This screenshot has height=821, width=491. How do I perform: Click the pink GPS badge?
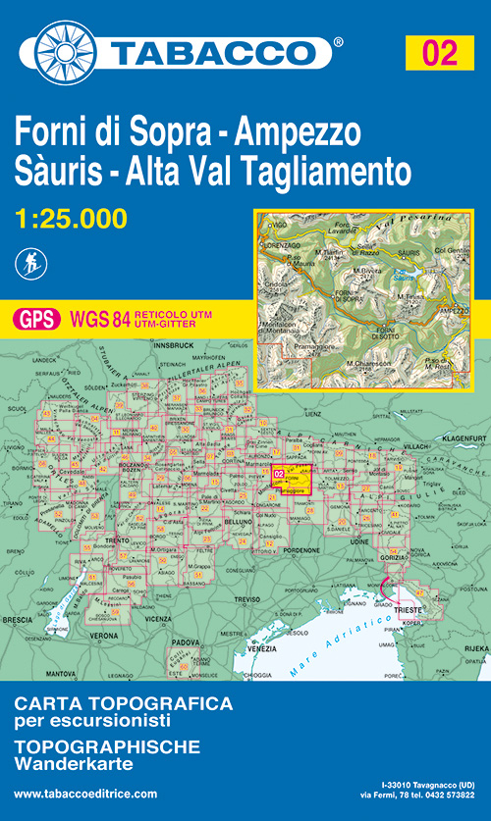pos(35,318)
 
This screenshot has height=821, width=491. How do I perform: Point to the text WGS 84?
pos(94,318)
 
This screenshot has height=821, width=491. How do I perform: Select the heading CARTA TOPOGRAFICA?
pos(123,703)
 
